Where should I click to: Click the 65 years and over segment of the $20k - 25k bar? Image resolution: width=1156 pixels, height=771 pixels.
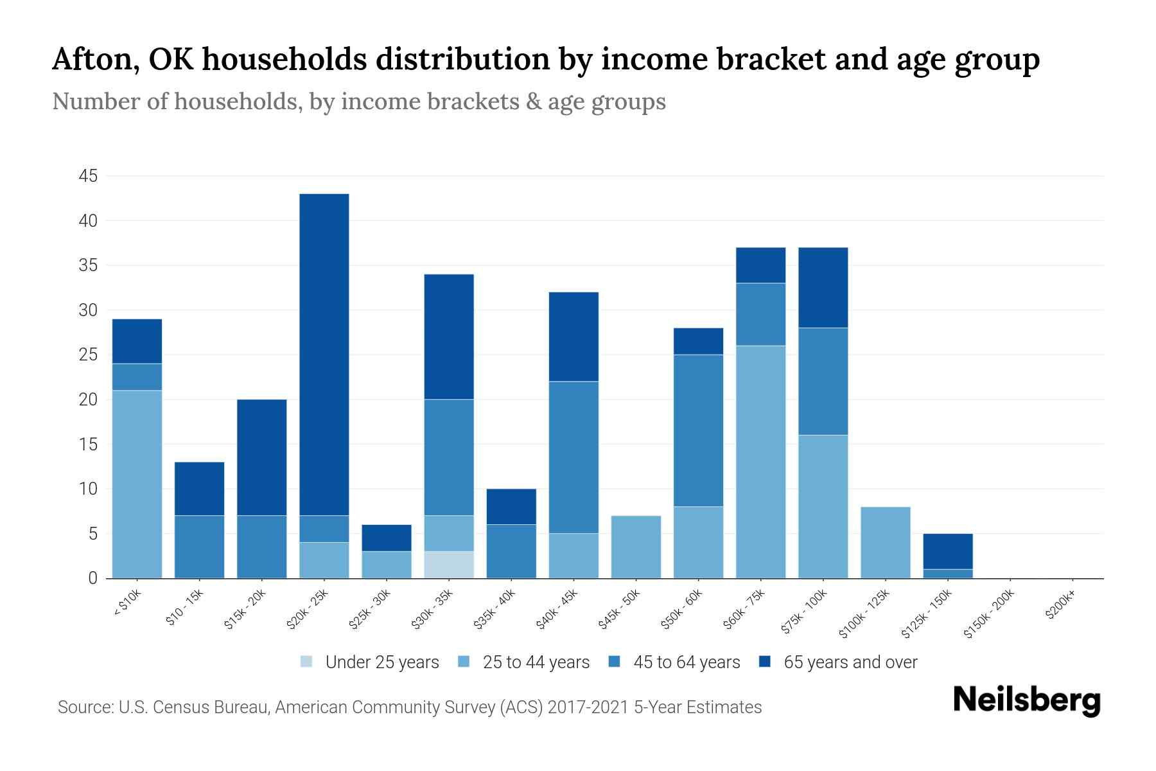(324, 354)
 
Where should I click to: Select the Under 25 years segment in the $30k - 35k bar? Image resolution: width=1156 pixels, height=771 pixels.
(449, 565)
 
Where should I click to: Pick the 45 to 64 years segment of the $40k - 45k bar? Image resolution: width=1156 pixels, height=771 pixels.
(574, 457)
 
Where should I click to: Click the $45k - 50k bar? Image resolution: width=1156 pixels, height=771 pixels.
(636, 547)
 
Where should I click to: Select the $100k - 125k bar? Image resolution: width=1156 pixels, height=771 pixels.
(886, 542)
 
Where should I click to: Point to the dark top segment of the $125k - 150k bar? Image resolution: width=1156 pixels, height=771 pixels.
(948, 551)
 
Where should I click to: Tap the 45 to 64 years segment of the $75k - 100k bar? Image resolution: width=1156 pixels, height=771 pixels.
(823, 381)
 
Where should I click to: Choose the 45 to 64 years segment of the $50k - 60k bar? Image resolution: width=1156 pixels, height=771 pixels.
(698, 430)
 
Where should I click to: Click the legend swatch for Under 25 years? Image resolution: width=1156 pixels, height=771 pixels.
(307, 661)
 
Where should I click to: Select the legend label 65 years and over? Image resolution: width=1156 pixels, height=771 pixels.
(850, 662)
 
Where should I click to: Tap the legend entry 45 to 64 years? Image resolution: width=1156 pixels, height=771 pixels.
(687, 662)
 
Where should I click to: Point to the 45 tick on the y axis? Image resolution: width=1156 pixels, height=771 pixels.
(88, 176)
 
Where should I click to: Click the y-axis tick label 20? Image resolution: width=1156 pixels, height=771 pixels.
(88, 400)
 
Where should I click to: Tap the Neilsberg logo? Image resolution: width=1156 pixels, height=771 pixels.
(1026, 700)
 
